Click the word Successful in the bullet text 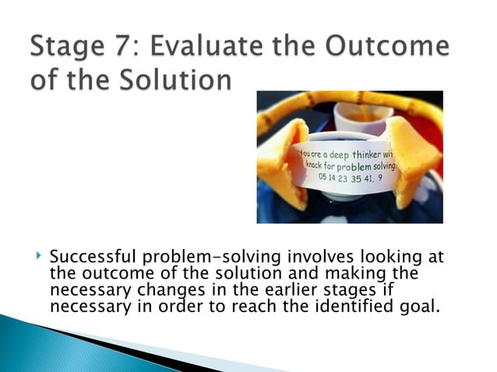(x=86, y=258)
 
